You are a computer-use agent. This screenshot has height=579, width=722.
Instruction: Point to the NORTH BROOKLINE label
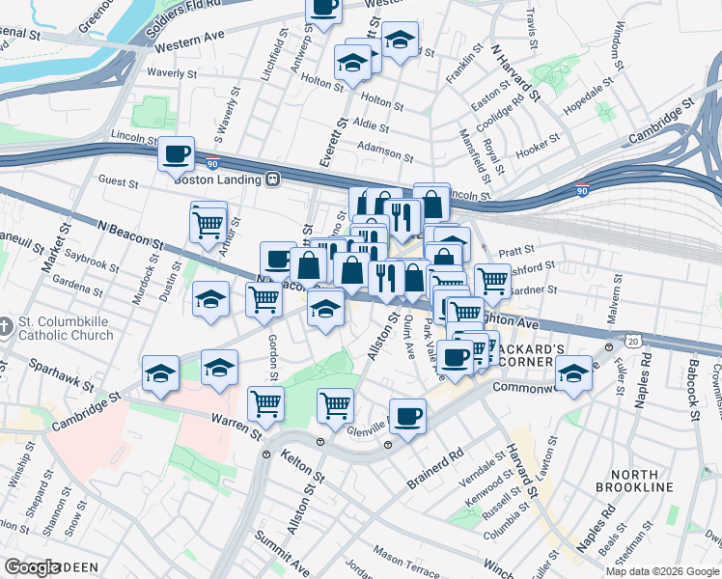click(x=648, y=481)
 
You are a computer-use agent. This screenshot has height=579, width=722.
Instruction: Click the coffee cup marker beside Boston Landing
click(x=176, y=154)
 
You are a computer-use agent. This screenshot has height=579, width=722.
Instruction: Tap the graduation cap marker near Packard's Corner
click(x=573, y=372)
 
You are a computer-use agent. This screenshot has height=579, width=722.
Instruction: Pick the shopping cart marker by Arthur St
click(x=208, y=225)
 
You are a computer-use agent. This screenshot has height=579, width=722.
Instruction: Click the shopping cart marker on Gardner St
click(x=492, y=281)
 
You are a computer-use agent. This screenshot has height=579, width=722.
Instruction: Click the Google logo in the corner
click(x=33, y=567)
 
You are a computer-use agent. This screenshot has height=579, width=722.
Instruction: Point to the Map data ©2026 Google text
click(x=662, y=571)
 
